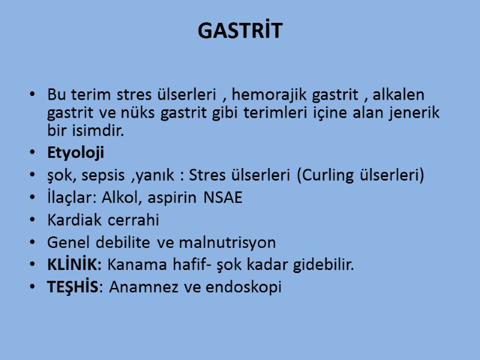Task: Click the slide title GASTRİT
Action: tap(239, 31)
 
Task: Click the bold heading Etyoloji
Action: tap(76, 153)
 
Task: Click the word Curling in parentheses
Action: tap(337, 176)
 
